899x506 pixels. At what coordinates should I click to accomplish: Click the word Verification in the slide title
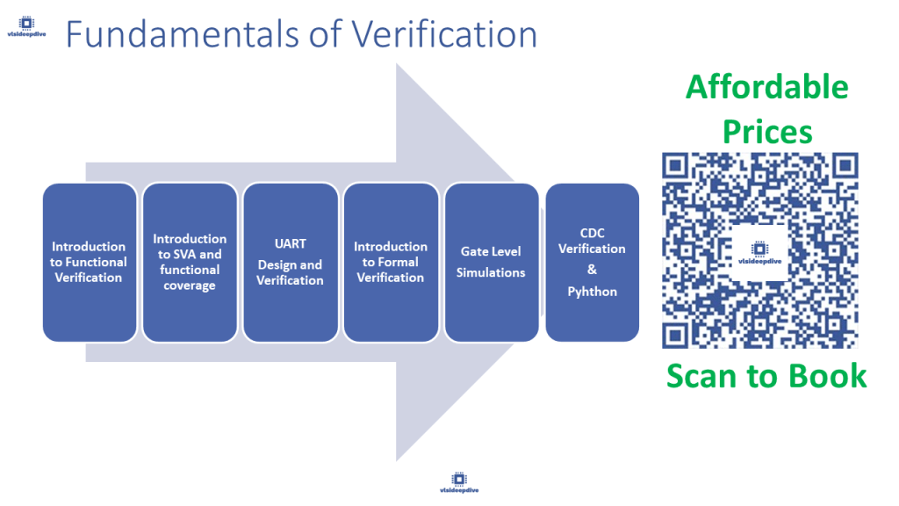444,34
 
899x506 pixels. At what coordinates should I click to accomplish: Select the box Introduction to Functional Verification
89,262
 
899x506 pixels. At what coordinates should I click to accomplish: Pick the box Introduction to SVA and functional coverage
190,262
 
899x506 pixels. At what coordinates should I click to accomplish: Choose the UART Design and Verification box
290,262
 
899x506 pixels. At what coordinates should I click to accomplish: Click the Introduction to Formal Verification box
391,262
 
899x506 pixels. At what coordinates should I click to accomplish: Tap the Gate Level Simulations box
491,262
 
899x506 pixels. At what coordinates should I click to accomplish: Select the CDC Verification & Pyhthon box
592,262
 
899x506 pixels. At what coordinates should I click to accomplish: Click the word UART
290,243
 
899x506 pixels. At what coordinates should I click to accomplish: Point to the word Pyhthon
592,292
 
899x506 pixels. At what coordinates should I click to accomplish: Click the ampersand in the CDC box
592,270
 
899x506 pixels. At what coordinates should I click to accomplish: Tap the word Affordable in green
766,87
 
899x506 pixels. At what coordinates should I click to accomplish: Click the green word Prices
766,132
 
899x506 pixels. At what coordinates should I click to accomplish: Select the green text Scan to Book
766,375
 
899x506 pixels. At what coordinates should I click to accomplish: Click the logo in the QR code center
760,250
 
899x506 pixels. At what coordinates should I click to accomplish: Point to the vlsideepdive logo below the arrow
459,481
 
